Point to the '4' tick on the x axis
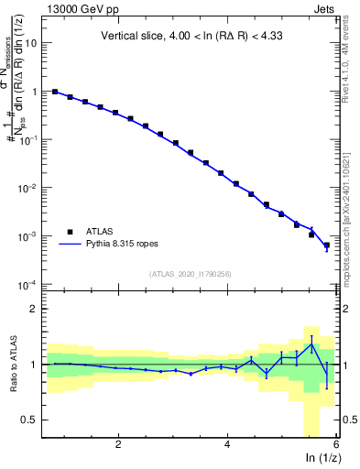[227, 445]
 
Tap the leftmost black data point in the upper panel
[55, 92]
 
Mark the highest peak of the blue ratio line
[311, 343]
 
